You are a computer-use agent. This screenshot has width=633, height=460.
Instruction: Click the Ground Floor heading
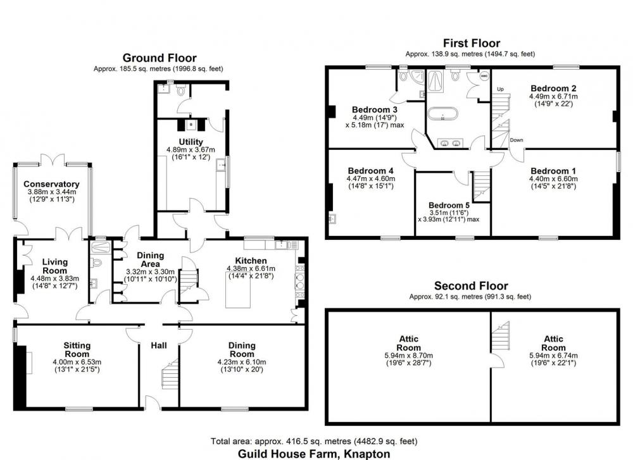pos(160,58)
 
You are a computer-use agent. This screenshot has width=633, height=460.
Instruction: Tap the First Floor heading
pos(472,43)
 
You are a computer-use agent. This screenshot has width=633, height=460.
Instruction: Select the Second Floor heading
pos(471,286)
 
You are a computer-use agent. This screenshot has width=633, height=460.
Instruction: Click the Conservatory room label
pos(51,184)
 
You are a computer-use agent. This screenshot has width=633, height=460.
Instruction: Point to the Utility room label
pos(191,142)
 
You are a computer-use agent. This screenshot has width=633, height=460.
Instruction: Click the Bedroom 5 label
pos(449,206)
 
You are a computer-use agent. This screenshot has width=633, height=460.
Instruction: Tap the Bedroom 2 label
pos(553,89)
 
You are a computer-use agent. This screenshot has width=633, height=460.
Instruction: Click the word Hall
pos(159,345)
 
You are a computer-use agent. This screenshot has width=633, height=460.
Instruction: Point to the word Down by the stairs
pos(517,140)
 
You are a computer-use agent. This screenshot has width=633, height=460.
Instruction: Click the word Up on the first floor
pos(501,89)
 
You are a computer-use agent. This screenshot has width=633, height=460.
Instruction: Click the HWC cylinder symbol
pos(484,75)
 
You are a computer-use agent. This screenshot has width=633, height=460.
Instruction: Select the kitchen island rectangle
pos(237,290)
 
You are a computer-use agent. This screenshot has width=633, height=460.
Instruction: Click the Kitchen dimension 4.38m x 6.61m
pos(251,269)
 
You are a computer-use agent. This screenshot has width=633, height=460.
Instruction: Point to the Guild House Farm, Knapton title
pos(314,454)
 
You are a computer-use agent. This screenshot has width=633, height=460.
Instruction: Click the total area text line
pos(314,442)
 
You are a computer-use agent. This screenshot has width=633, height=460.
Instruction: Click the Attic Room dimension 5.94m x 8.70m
pos(408,356)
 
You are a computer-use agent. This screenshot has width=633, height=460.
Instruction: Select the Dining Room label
pos(242,350)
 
